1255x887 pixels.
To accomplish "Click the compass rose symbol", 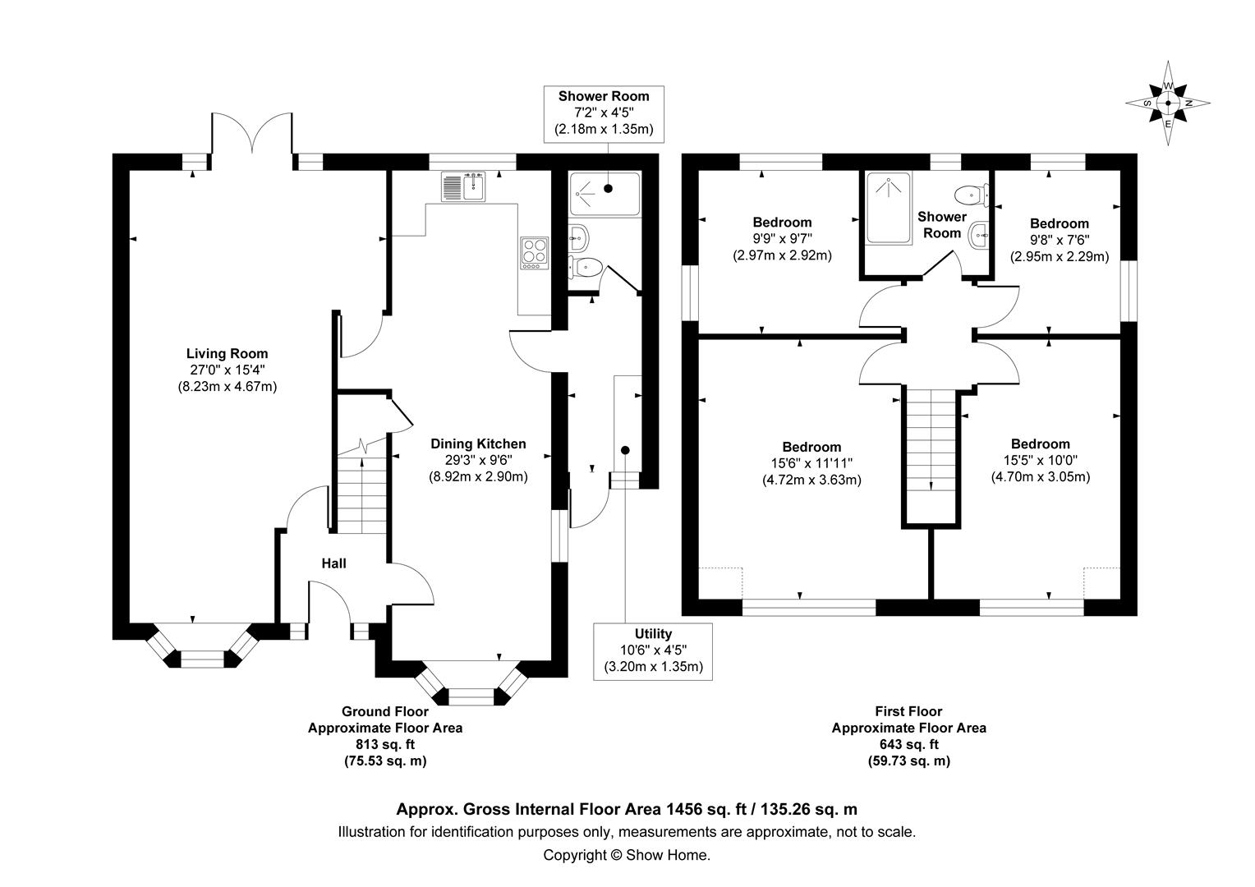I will pos(1168,103).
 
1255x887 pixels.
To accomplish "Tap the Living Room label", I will pos(227,354).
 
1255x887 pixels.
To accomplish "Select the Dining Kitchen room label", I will pos(478,444).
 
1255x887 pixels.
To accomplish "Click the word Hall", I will pos(333,563).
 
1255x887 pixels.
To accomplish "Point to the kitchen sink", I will pos(464,186).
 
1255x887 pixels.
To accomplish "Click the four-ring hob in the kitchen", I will pos(533,252).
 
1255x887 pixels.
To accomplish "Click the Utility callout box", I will pos(653,650).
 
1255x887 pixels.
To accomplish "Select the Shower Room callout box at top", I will pos(604,113).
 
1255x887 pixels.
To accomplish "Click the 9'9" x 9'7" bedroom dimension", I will pos(782,239).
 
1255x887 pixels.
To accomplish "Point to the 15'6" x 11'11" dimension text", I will pos(811,463).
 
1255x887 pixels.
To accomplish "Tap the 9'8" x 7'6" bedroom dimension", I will pos(1060,240).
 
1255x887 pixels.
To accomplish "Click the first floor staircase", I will pos(931,456).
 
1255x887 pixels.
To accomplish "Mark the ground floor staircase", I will pos(361,493).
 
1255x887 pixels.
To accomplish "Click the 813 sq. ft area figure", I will pos(384,745).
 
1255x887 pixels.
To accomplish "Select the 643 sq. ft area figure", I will pos(908,745).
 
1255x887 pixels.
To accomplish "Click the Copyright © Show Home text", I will pos(627,855).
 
